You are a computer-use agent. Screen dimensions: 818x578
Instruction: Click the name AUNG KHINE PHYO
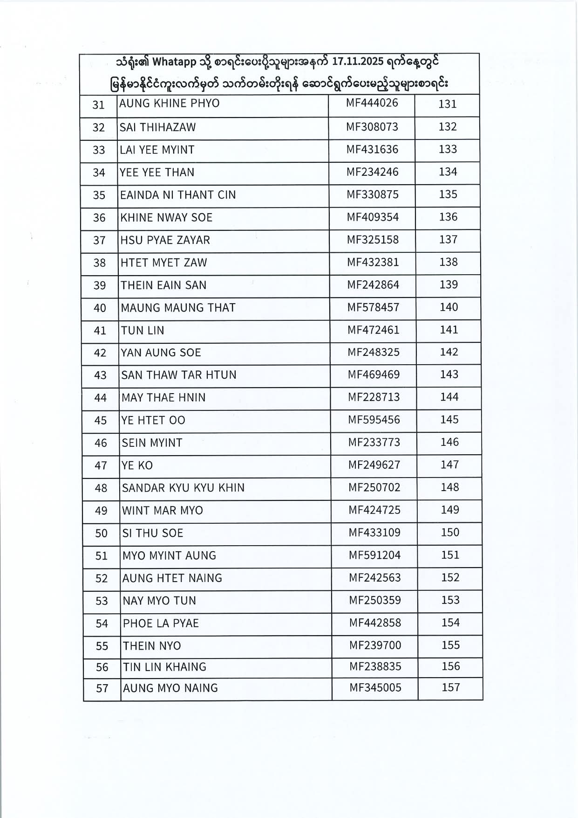click(169, 103)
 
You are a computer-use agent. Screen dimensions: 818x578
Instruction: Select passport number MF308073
click(372, 126)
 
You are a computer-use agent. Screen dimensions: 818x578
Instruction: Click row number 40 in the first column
click(100, 308)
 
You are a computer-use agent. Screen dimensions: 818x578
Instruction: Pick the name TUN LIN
click(143, 331)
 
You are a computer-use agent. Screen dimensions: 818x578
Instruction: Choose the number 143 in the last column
click(449, 374)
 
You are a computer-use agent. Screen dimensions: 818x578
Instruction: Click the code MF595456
click(374, 420)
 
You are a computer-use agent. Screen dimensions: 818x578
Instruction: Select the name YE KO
click(137, 465)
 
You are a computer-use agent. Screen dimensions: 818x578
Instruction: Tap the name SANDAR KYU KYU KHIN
click(183, 488)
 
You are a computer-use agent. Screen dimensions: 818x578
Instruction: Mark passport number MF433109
click(374, 533)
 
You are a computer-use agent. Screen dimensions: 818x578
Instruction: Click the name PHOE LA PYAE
click(161, 624)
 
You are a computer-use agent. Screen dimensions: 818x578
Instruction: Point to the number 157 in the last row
click(451, 687)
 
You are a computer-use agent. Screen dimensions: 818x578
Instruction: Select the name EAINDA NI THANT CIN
click(178, 194)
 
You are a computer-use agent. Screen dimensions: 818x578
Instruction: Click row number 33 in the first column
click(99, 150)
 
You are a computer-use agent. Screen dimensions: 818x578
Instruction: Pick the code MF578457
click(374, 307)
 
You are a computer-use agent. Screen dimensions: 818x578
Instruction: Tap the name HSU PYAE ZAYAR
click(165, 240)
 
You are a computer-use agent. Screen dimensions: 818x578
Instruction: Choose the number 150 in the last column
click(450, 533)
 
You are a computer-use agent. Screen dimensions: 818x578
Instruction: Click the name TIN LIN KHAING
click(164, 667)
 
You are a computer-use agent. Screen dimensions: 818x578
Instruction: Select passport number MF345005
click(375, 688)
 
